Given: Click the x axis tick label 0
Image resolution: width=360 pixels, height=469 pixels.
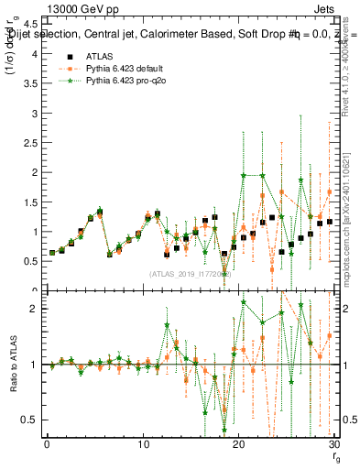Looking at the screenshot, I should [x=47, y=446].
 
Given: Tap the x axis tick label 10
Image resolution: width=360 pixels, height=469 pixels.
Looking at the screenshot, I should [x=142, y=446].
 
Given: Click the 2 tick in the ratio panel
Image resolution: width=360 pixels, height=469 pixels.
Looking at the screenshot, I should [x=36, y=309].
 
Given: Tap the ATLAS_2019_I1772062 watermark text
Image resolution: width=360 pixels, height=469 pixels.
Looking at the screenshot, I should [x=191, y=274].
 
